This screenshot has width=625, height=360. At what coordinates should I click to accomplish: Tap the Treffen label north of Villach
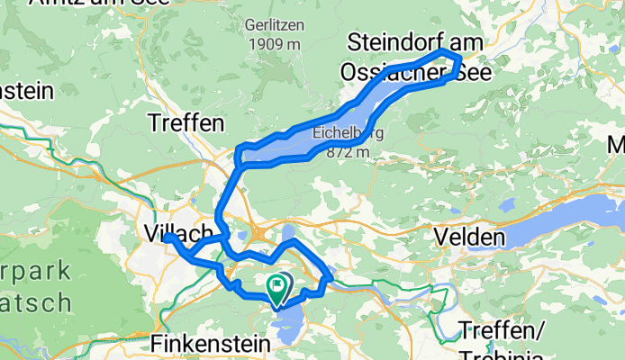185,121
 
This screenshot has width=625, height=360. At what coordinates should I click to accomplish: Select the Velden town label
468,237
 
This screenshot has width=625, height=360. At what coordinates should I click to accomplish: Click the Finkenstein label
210,344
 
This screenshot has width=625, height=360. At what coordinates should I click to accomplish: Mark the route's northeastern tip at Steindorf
459,59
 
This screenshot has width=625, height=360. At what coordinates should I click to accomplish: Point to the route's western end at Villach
168,238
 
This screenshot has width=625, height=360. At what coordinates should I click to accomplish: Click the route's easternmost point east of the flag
327,281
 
